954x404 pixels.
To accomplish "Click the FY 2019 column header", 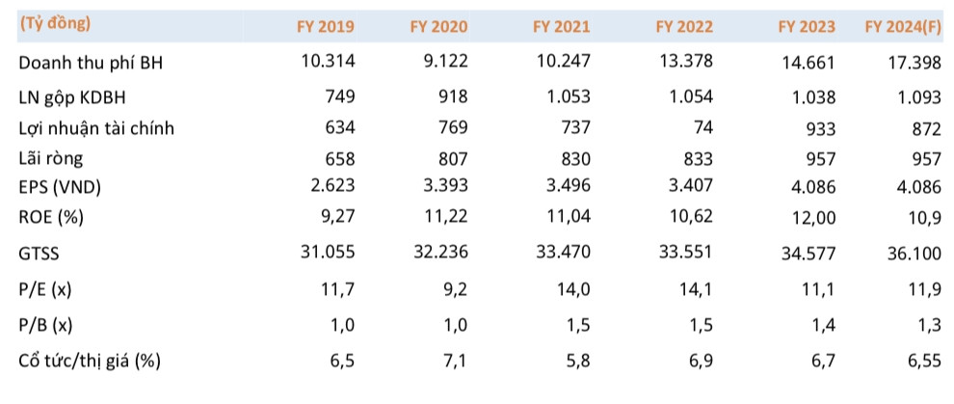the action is click(326, 27).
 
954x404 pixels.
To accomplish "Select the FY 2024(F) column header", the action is click(902, 27).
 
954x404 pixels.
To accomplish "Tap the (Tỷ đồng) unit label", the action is click(55, 24).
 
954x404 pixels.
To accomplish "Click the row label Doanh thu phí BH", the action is click(91, 64).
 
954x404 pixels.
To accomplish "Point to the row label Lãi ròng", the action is click(50, 159).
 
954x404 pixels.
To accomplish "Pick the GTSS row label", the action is click(39, 255).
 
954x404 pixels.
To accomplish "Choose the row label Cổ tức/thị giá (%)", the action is click(90, 362).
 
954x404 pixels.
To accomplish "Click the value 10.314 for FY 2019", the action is click(328, 62).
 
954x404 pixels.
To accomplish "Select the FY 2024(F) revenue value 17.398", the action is click(914, 64).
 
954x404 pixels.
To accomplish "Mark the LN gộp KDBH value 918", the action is click(453, 96).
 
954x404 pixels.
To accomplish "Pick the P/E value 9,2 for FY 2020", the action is click(453, 289).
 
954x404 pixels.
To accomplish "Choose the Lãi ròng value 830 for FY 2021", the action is click(574, 159).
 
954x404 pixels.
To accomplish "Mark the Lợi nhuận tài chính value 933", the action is click(820, 129).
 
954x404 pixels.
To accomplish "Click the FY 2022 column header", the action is click(684, 27).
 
